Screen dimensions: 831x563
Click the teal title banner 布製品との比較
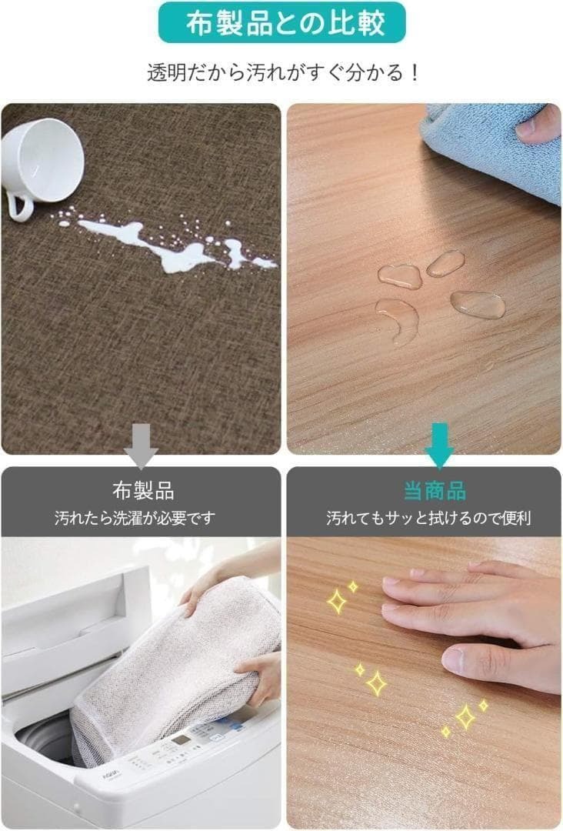pos(281,24)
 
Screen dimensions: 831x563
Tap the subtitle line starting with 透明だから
pos(281,73)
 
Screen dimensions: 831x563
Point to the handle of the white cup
pos(18,205)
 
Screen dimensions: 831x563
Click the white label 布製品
pos(143,490)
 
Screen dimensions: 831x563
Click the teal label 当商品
pos(435,490)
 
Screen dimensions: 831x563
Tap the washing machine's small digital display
pos(182,740)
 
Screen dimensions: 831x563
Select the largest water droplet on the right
pos(478,305)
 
